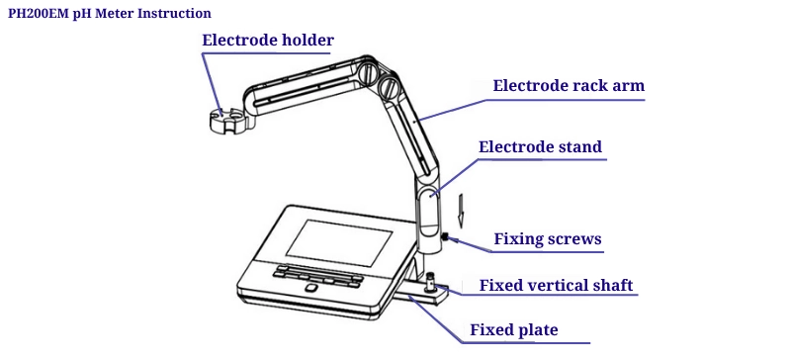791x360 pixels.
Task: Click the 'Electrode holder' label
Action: [x=268, y=40]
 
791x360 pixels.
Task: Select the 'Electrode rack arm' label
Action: [x=569, y=85]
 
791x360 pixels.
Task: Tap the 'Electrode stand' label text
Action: [x=540, y=147]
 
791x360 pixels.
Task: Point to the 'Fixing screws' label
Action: [x=548, y=238]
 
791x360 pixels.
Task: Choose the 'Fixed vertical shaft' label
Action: [x=556, y=285]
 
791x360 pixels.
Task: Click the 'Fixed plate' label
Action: [x=514, y=330]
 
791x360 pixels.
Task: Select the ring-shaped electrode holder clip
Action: [x=230, y=122]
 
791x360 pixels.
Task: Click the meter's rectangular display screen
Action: [x=339, y=243]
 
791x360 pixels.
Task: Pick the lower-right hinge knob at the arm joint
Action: [x=390, y=87]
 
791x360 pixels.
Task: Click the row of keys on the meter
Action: [x=317, y=275]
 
